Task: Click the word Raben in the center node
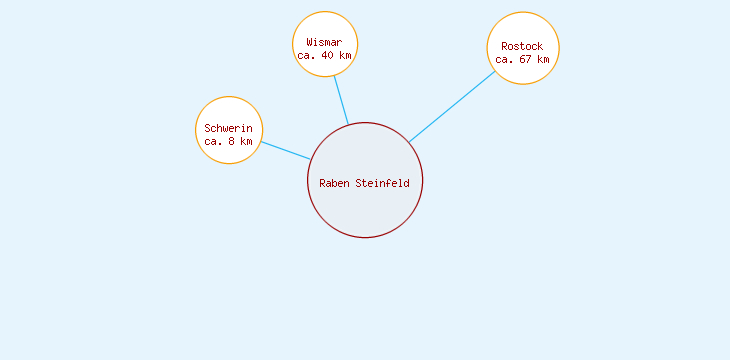pyautogui.click(x=334, y=183)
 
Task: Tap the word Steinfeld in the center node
pyautogui.click(x=382, y=183)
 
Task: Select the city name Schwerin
pyautogui.click(x=228, y=129)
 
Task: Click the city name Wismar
pyautogui.click(x=324, y=43)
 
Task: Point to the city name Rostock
pyautogui.click(x=522, y=46)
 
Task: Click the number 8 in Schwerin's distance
pyautogui.click(x=232, y=142)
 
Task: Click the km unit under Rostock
pyautogui.click(x=543, y=59)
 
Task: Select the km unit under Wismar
pyautogui.click(x=345, y=56)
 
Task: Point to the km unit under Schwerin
pyautogui.click(x=246, y=142)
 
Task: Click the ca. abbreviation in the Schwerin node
pyautogui.click(x=213, y=142)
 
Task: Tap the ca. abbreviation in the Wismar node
pyautogui.click(x=306, y=56)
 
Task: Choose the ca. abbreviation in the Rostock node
pyautogui.click(x=504, y=59)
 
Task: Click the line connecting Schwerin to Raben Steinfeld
pyautogui.click(x=285, y=150)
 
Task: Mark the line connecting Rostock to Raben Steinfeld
pyautogui.click(x=452, y=106)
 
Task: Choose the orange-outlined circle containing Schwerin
pyautogui.click(x=229, y=110)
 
